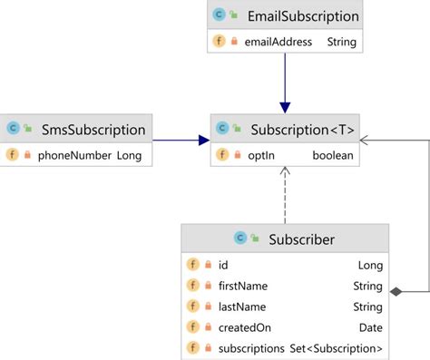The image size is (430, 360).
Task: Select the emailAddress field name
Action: coord(278,42)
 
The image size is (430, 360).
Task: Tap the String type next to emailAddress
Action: coord(342,42)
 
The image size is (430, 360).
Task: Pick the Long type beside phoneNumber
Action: coord(129,155)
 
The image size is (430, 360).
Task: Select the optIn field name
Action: coord(262,155)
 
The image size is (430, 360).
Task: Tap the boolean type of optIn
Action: coord(333,155)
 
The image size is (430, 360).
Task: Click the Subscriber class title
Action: coord(301,239)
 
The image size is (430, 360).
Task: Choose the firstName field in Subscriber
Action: coord(243,286)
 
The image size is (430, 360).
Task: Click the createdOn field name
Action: coord(245,327)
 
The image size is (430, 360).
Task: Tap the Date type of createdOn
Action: coord(370,327)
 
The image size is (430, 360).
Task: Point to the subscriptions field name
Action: coord(253,348)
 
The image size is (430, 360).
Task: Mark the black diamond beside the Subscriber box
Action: coord(396,291)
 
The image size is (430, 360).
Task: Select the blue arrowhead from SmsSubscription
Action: coord(203,140)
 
